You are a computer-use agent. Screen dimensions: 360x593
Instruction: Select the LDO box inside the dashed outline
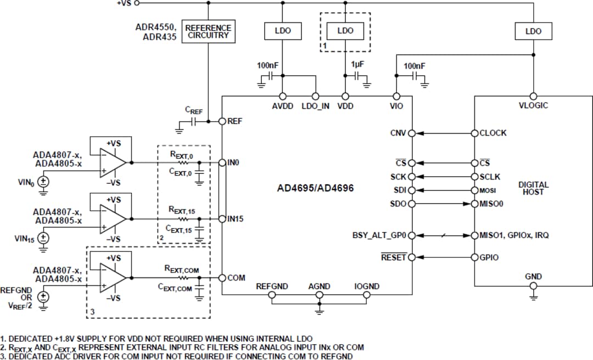click(345, 31)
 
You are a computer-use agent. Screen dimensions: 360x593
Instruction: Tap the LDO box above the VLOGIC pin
click(533, 31)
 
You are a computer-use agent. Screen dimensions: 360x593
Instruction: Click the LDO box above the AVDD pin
click(283, 31)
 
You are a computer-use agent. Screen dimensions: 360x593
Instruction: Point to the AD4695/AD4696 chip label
click(316, 188)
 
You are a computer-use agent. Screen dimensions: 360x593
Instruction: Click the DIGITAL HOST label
click(533, 188)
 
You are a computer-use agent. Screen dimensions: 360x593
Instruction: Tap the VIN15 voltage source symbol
click(43, 238)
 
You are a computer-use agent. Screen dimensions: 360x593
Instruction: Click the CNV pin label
click(399, 133)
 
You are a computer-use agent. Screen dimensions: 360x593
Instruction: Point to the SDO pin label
click(398, 204)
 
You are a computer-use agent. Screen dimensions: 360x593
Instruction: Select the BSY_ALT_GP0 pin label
click(379, 235)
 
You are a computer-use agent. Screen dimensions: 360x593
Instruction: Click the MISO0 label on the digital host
click(492, 204)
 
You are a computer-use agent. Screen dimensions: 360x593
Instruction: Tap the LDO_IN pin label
click(315, 106)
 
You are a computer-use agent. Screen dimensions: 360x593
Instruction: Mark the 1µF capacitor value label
click(357, 64)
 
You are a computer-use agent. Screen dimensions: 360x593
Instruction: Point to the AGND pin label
click(319, 286)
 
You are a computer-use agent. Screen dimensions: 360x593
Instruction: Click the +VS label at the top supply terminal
click(124, 3)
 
